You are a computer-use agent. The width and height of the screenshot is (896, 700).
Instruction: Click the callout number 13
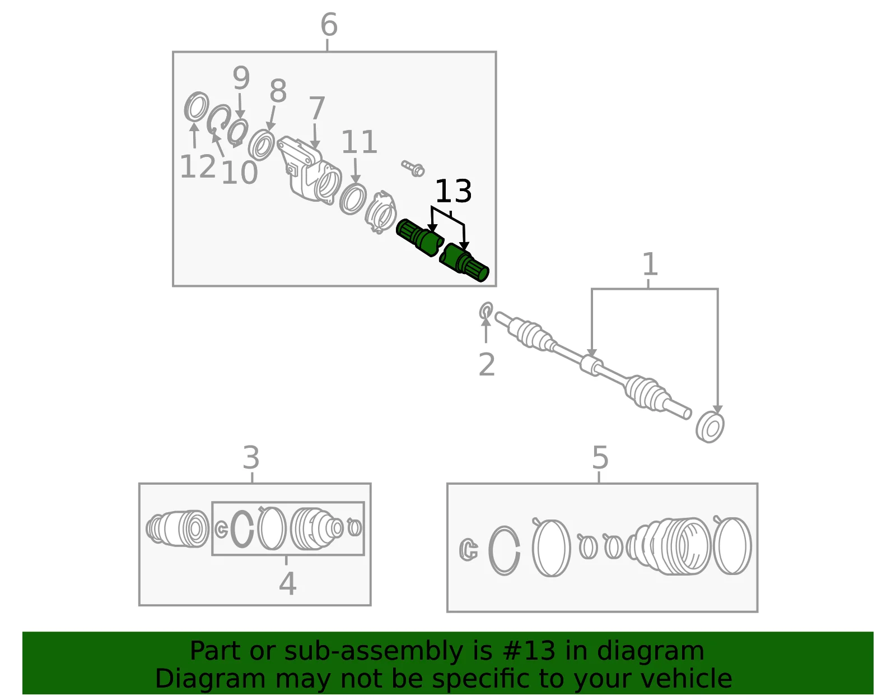453,191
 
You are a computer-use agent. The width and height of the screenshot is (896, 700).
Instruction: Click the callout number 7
316,108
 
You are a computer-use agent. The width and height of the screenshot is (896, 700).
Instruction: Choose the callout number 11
359,142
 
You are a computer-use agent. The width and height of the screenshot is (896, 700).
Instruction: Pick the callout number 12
198,166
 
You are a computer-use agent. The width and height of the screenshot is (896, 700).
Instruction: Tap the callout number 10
240,172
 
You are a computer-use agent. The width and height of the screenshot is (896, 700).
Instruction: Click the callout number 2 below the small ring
487,365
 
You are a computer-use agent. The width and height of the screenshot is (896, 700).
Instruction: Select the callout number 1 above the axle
650,264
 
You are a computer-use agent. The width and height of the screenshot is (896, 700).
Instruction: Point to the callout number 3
251,457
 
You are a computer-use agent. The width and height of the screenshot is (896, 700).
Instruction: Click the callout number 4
287,583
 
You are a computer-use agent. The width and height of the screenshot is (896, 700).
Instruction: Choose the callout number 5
600,457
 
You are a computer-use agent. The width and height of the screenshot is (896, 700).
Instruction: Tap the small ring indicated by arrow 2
486,310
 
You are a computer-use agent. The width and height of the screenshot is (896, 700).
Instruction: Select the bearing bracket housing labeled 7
309,170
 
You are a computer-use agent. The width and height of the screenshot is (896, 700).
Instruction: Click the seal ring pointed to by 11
353,199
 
